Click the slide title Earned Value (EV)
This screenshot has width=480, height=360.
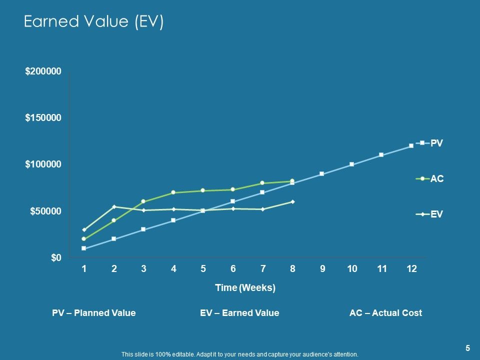[93, 22]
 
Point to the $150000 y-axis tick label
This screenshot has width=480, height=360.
[43, 118]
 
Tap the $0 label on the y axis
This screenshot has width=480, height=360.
[56, 258]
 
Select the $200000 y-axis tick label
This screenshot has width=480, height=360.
[43, 71]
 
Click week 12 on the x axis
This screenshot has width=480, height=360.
[411, 269]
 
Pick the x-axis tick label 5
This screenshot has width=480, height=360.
[203, 269]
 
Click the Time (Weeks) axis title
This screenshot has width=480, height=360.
[245, 288]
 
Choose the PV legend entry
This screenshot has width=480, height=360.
[429, 143]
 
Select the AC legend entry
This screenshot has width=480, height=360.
[429, 178]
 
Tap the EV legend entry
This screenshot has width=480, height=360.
[429, 214]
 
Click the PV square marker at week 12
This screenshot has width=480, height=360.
[411, 145]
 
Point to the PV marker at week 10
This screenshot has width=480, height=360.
[351, 164]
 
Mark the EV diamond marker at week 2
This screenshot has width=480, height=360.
[114, 206]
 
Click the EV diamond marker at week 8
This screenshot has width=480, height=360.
[292, 201]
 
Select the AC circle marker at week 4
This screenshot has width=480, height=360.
[173, 192]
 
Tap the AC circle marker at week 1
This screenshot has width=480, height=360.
[84, 239]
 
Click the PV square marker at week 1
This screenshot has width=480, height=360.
[84, 248]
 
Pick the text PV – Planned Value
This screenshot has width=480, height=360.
[94, 313]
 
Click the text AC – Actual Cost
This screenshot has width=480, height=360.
[385, 313]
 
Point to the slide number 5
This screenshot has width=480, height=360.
[467, 348]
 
